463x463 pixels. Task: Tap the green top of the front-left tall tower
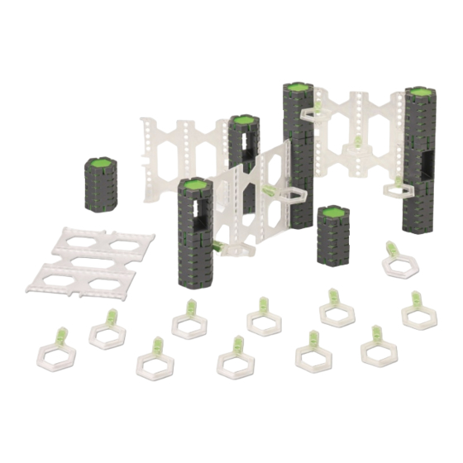click(x=194, y=186)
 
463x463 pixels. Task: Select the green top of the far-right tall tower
click(x=422, y=92)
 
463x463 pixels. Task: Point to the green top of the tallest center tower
click(x=296, y=88)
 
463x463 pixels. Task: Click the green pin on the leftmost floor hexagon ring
click(x=60, y=336)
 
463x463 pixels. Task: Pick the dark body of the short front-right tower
click(x=332, y=240)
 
